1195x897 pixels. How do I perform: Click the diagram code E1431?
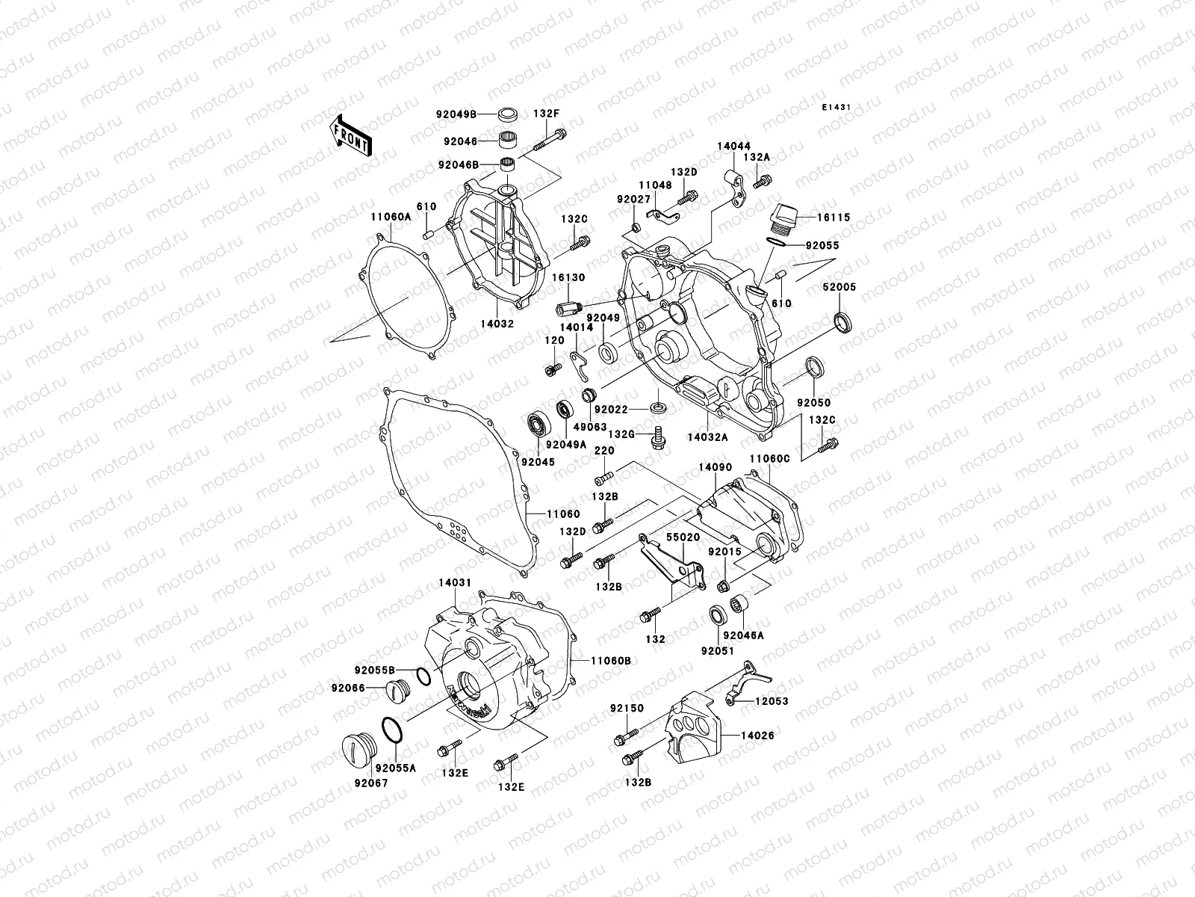pos(837,108)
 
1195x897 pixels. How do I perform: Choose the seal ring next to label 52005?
pos(842,321)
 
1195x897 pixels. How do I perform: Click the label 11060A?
pos(391,217)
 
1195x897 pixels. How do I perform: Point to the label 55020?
pos(683,537)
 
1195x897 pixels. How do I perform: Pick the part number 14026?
pos(757,736)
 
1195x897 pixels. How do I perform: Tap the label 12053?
pos(771,701)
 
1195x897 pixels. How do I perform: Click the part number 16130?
pos(568,277)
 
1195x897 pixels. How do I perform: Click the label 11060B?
pos(611,661)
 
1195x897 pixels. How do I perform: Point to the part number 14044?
pos(734,147)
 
